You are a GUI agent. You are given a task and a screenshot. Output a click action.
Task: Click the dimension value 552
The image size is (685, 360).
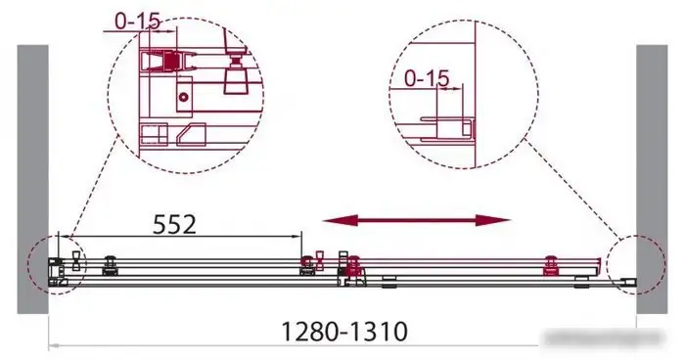[176, 224]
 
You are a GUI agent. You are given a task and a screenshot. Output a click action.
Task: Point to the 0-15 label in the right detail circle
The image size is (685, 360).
[426, 76]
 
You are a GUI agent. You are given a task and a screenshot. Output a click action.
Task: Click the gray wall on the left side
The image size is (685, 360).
[32, 176]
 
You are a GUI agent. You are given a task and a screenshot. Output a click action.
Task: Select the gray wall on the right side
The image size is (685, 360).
[652, 176]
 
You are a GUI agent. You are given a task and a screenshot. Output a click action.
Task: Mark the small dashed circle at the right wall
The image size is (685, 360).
[629, 265]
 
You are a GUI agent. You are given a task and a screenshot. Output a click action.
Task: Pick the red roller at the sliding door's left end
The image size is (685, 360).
[352, 262]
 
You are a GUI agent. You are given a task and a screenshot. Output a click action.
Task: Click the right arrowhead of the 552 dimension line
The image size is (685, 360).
[300, 237]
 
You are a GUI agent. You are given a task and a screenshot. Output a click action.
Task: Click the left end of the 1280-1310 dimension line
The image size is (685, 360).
[52, 344]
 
